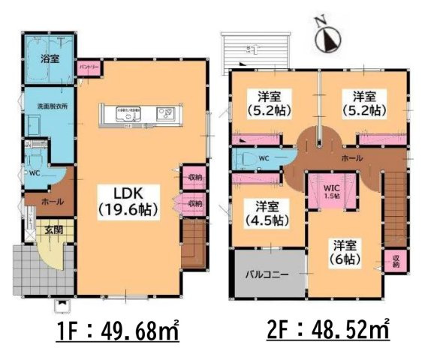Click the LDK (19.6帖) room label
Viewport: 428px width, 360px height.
point(127,200)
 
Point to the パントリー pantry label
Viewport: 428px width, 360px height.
point(89,67)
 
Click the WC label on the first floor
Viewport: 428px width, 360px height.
point(33,173)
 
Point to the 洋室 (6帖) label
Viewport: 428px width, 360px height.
point(345,251)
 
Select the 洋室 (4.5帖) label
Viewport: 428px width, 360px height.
point(267,213)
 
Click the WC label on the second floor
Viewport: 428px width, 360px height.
point(263,159)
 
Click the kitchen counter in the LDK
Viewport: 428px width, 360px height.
point(136,115)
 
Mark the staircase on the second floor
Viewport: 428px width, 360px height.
point(393,210)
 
